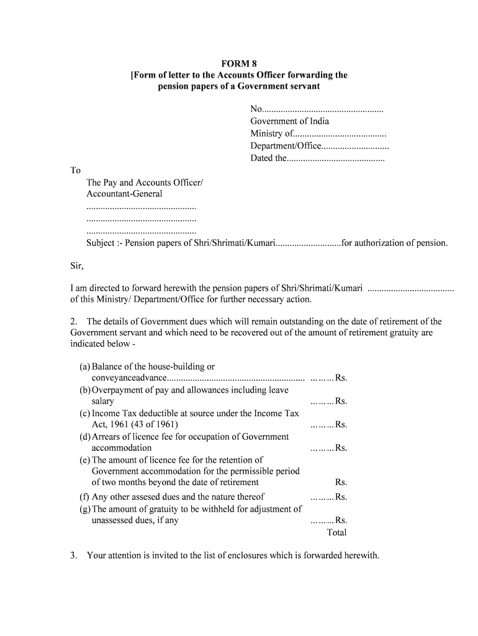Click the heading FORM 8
coord(238,63)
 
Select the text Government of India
coord(289,121)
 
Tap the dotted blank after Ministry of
coord(340,134)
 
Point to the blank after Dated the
coord(336,159)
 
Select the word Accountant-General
coord(124,194)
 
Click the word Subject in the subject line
coord(100,243)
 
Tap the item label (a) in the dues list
coord(85,367)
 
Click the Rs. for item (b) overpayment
coord(341,401)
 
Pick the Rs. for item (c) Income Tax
coord(341,425)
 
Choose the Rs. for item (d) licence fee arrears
coord(341,448)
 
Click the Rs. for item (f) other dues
coord(341,497)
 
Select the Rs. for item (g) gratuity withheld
coord(341,520)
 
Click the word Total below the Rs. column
coord(336,533)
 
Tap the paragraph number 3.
coord(73,555)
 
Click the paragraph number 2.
coord(73,322)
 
